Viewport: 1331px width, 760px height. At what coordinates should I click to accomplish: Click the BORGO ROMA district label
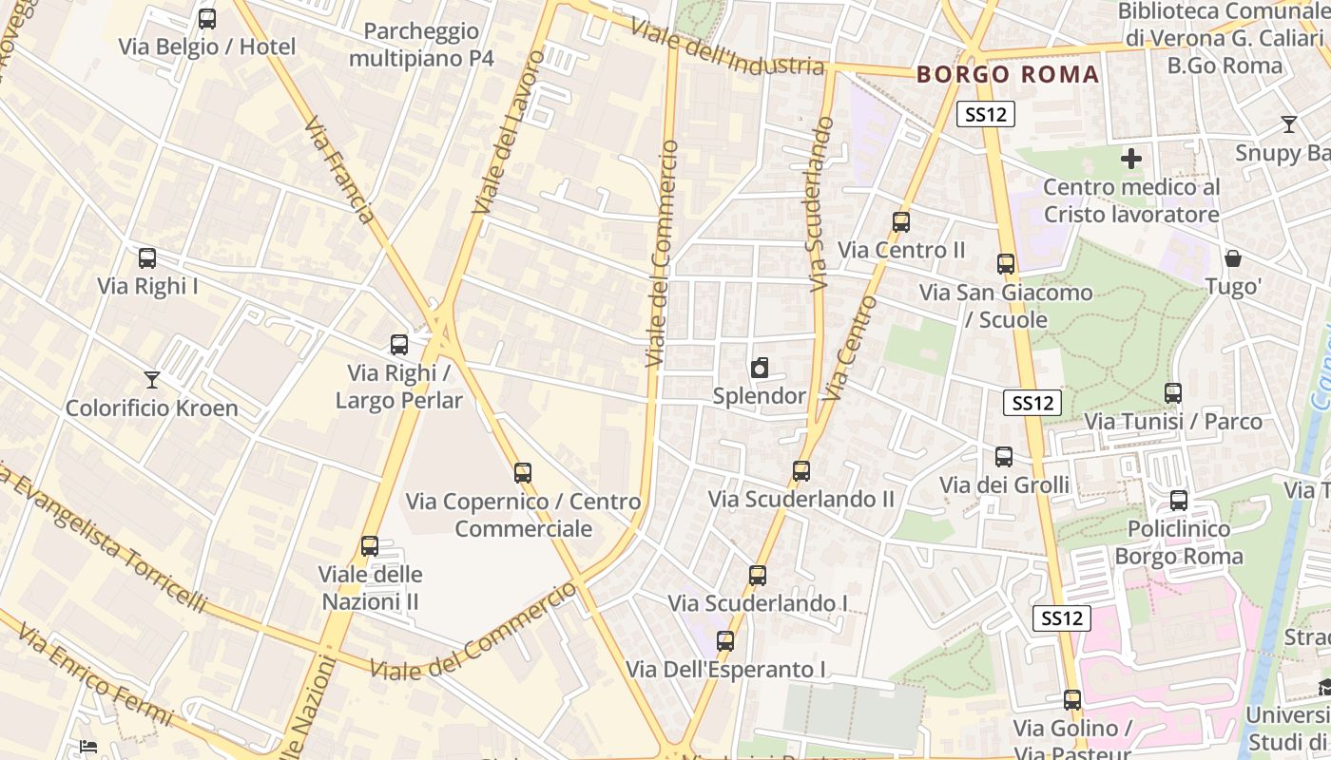pyautogui.click(x=1008, y=75)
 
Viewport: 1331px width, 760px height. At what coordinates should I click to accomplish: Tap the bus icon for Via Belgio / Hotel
pyautogui.click(x=207, y=19)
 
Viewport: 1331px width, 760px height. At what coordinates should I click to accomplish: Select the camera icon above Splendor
pyautogui.click(x=759, y=368)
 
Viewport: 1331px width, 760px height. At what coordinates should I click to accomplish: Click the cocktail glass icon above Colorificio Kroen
pyautogui.click(x=152, y=380)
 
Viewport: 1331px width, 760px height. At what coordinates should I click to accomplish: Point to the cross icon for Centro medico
pyautogui.click(x=1131, y=159)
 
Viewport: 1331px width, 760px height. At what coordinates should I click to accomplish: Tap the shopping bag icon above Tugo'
pyautogui.click(x=1233, y=258)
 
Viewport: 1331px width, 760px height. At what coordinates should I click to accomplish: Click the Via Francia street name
pyautogui.click(x=340, y=170)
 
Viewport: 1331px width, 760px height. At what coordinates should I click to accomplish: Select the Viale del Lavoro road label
pyautogui.click(x=510, y=132)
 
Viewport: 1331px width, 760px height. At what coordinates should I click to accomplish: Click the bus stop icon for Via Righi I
pyautogui.click(x=147, y=258)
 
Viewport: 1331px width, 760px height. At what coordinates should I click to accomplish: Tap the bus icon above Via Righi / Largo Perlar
pyautogui.click(x=399, y=345)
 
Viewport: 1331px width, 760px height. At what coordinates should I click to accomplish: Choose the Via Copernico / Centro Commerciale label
pyautogui.click(x=523, y=515)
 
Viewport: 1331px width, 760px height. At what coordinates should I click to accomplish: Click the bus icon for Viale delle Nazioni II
pyautogui.click(x=370, y=546)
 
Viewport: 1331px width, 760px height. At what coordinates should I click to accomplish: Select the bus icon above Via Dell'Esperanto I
pyautogui.click(x=725, y=641)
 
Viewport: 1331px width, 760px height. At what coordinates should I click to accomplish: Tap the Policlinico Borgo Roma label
pyautogui.click(x=1179, y=542)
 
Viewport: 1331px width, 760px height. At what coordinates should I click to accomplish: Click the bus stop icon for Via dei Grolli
pyautogui.click(x=1004, y=457)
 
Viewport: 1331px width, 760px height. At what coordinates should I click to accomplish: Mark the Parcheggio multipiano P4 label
pyautogui.click(x=421, y=45)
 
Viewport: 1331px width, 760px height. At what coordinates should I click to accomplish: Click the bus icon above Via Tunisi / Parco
pyautogui.click(x=1173, y=392)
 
